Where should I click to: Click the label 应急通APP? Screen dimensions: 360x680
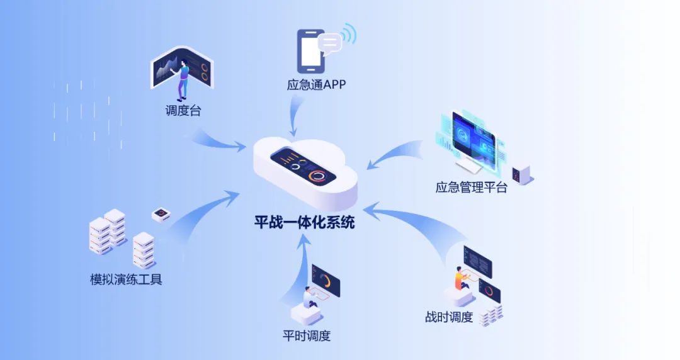(x=316, y=84)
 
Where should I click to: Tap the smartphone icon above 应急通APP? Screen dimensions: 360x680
(x=311, y=51)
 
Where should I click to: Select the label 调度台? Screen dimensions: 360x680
(x=183, y=111)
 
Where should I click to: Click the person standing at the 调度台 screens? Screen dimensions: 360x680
(x=183, y=78)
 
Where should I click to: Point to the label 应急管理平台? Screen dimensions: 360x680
(x=471, y=187)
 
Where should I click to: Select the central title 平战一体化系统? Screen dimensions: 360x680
(x=304, y=222)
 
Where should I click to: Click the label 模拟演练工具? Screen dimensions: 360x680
(x=126, y=279)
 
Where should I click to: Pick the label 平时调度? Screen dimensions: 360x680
(x=307, y=335)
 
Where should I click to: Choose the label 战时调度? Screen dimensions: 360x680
(x=449, y=317)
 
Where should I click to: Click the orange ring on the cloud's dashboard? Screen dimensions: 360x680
(x=319, y=176)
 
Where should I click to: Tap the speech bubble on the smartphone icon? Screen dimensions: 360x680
(x=330, y=42)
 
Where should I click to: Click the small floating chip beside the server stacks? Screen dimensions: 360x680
(x=161, y=215)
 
